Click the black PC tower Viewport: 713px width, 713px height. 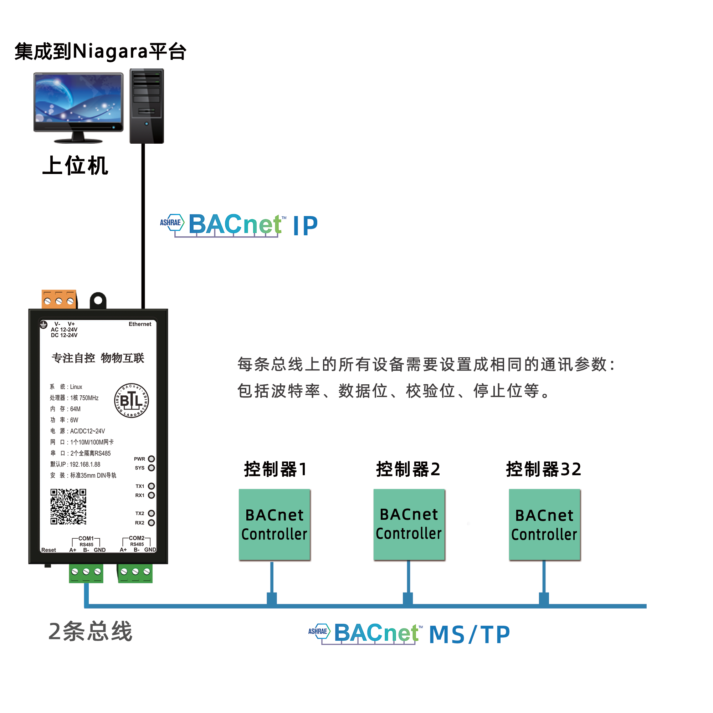[x=147, y=106]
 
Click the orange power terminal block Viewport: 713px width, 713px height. [x=59, y=299]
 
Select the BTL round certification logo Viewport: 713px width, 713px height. [x=132, y=400]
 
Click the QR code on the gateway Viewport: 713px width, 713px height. [x=68, y=506]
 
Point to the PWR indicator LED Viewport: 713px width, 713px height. [x=151, y=459]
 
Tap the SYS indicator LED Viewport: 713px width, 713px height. [x=151, y=468]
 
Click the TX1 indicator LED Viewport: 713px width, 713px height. [x=151, y=486]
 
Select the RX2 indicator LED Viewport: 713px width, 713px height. [x=151, y=523]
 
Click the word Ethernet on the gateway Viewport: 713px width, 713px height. [x=140, y=324]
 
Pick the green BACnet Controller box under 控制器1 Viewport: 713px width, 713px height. [x=274, y=524]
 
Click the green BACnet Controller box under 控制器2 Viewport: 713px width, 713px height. [x=409, y=524]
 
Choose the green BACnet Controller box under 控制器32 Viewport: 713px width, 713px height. [x=544, y=524]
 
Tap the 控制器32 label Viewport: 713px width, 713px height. [x=543, y=469]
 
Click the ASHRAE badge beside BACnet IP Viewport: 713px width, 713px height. [x=171, y=222]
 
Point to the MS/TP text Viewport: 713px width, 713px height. [x=470, y=635]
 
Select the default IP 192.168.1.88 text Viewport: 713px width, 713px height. [x=85, y=464]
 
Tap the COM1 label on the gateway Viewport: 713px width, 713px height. [x=86, y=538]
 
